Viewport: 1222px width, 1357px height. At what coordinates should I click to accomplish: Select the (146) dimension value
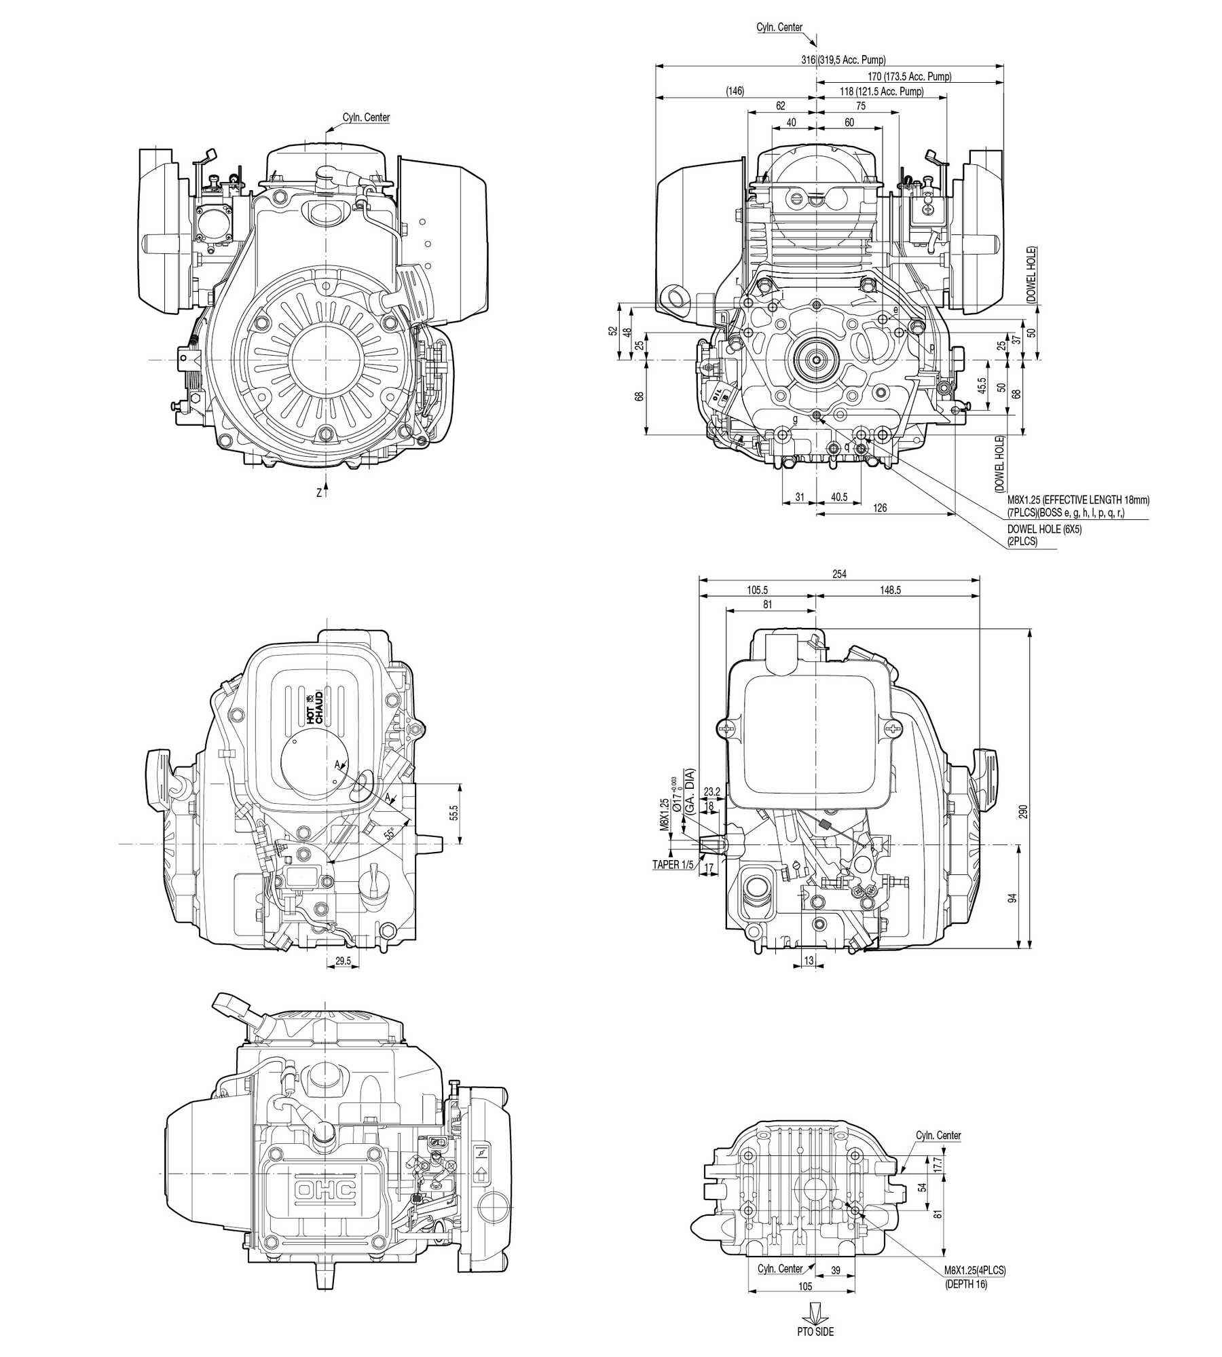coord(735,91)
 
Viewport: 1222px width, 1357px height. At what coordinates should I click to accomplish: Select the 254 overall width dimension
coord(839,574)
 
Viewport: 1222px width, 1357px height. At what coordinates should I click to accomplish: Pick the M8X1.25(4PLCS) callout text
coord(974,1270)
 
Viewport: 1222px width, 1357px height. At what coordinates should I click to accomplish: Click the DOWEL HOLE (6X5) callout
coord(1044,529)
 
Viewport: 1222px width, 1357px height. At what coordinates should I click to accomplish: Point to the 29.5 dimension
coord(344,960)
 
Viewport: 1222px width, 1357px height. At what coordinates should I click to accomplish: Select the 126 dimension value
coord(880,507)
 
